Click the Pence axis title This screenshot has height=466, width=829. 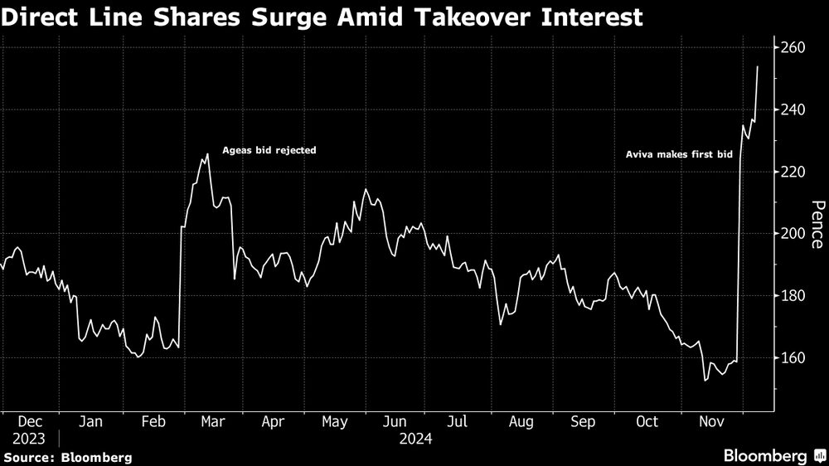pos(817,225)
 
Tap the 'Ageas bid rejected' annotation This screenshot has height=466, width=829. pos(269,151)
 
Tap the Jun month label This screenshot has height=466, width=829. pos(397,422)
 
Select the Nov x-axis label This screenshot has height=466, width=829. pos(709,422)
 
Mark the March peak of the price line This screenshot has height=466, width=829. pos(207,154)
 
